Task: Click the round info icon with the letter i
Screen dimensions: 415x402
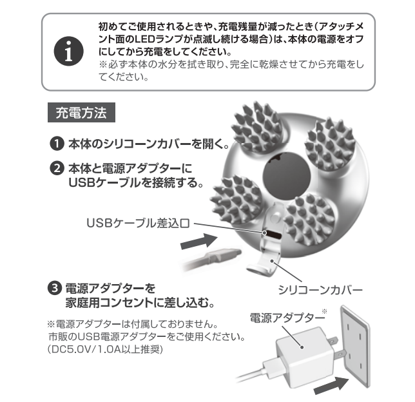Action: pos(68,52)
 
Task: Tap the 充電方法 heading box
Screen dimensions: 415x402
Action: pos(81,113)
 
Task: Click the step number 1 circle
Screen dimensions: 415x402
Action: pos(57,144)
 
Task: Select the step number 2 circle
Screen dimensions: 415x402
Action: pos(57,168)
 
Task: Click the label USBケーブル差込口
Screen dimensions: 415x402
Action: pos(138,224)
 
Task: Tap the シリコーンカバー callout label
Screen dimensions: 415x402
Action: pos(320,290)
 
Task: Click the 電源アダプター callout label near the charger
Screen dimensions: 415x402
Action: pos(287,318)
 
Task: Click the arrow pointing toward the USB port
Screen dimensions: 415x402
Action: pos(198,240)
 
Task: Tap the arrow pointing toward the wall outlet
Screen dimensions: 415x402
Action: pos(331,386)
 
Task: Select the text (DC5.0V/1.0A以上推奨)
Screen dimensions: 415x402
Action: pos(105,349)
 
